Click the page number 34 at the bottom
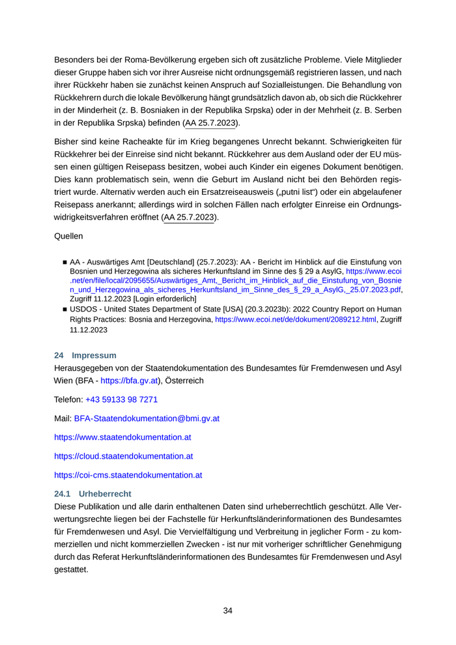click(227, 610)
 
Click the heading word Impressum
click(94, 355)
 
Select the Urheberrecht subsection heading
click(105, 494)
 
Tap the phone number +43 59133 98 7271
click(121, 399)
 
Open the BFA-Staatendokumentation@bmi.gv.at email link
click(147, 418)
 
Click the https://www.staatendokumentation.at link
click(122, 437)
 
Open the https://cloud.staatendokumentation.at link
click(123, 456)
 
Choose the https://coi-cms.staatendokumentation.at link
click(128, 475)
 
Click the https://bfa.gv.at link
click(129, 380)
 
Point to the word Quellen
click(68, 236)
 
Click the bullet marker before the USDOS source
click(64, 309)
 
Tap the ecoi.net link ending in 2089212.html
click(296, 320)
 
